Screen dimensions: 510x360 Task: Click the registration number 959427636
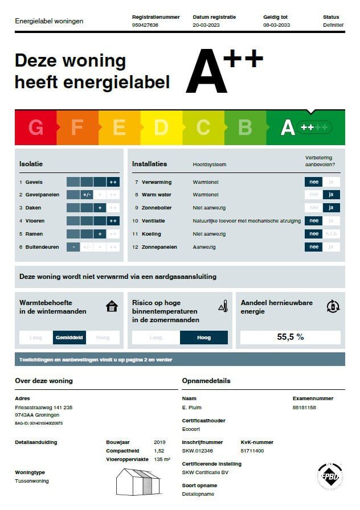click(x=145, y=25)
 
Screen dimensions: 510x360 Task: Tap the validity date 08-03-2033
click(x=277, y=25)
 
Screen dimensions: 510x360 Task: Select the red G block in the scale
click(x=35, y=127)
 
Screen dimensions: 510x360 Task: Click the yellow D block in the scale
click(x=161, y=127)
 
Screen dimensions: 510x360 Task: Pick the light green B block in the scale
click(x=245, y=127)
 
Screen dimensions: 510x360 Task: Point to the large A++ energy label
click(x=224, y=71)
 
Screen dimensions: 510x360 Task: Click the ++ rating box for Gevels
click(x=113, y=182)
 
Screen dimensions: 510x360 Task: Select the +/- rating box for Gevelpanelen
click(x=87, y=195)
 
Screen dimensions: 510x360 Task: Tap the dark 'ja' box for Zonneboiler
click(x=330, y=208)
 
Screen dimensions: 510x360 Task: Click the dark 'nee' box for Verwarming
click(x=313, y=182)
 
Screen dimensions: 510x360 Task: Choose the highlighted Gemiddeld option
click(x=69, y=338)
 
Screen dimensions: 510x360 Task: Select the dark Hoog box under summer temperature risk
click(x=203, y=338)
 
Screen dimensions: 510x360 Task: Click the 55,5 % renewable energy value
click(x=291, y=337)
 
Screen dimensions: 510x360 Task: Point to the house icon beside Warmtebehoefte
click(x=112, y=307)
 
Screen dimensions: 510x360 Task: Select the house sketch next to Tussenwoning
click(x=137, y=482)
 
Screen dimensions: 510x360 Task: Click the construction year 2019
click(x=160, y=442)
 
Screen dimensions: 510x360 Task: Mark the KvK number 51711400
click(x=252, y=450)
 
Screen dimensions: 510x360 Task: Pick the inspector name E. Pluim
click(x=192, y=408)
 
